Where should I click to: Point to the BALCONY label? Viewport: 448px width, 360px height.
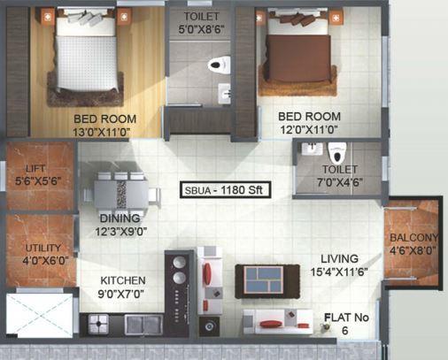(x=413, y=238)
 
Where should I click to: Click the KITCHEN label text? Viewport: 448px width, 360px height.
(x=121, y=280)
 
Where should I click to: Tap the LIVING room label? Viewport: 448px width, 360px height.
(x=338, y=258)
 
